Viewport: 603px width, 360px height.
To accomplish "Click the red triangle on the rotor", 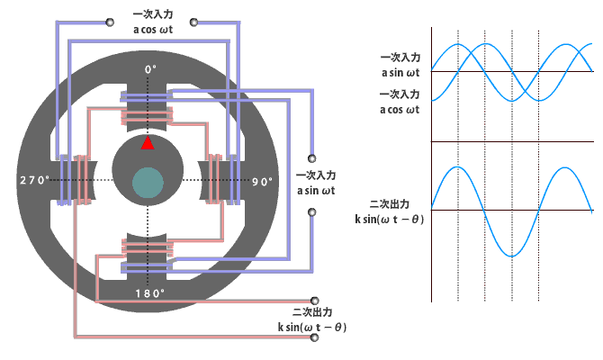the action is tap(148, 143).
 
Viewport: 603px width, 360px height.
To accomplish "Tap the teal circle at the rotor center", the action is tap(148, 183).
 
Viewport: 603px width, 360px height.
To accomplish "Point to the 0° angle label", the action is tap(151, 69).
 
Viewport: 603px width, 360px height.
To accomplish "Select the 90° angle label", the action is tap(262, 182).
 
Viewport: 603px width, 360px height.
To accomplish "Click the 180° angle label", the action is tap(150, 293).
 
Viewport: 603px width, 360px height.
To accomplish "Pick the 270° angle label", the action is tap(34, 180).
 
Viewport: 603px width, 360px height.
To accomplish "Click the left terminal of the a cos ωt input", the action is tap(110, 22).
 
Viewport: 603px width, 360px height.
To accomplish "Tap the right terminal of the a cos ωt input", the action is tap(193, 22).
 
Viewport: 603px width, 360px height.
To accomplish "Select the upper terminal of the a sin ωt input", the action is tap(312, 158).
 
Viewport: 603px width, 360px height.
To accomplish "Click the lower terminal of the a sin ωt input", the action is tap(312, 211).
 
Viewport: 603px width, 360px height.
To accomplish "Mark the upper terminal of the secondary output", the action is tap(315, 301).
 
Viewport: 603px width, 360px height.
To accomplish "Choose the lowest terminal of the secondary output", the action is tap(315, 337).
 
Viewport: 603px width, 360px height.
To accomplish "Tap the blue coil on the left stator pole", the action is tap(65, 180).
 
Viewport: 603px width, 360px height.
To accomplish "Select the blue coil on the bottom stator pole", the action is tap(148, 266).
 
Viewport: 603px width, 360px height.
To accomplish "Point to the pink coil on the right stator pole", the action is tap(214, 179).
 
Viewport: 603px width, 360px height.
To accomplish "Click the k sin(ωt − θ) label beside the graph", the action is tap(389, 220).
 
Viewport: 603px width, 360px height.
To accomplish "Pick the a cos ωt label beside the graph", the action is tap(400, 110).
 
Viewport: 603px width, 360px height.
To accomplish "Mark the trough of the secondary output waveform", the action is tap(511, 256).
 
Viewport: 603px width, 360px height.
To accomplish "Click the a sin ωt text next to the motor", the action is tap(316, 191).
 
